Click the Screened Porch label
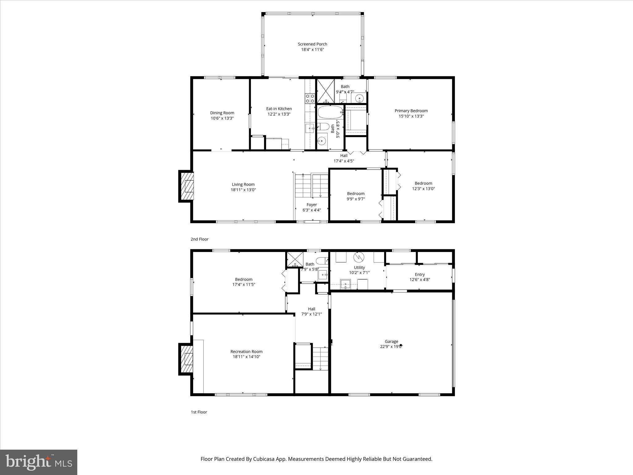pos(312,44)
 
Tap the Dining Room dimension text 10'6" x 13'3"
pos(222,118)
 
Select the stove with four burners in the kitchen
pos(310,98)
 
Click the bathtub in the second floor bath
pos(330,113)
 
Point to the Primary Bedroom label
pos(411,111)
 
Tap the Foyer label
pos(312,205)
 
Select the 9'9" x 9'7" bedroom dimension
pos(356,199)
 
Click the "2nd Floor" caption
pos(199,239)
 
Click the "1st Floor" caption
pos(199,412)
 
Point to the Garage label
pos(391,341)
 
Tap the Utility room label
pos(359,267)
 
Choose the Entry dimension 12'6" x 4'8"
pos(420,280)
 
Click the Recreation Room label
pos(246,351)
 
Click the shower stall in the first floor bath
pos(295,259)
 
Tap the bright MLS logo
pos(39,462)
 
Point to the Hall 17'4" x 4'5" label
pos(344,158)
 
